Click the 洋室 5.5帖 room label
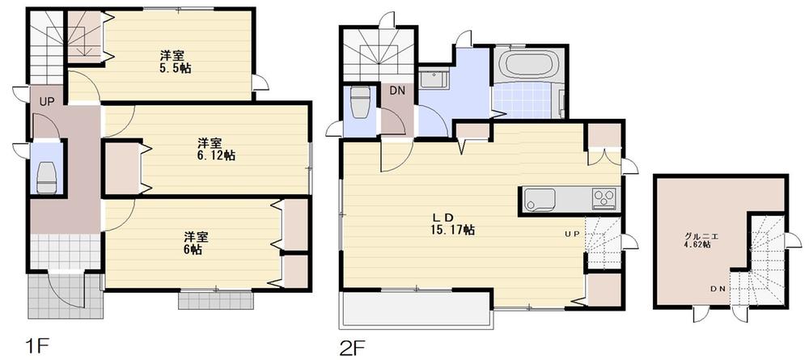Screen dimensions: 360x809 pyautogui.click(x=172, y=62)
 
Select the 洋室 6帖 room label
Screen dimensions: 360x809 pyautogui.click(x=192, y=243)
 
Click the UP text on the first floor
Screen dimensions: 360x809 pyautogui.click(x=47, y=103)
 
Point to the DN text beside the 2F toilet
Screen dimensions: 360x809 pyautogui.click(x=397, y=91)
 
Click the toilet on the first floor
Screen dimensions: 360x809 pyautogui.click(x=47, y=176)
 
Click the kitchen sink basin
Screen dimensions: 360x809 pyautogui.click(x=539, y=197)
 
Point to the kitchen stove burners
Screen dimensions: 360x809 pyautogui.click(x=604, y=197)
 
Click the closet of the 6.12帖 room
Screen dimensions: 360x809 pyautogui.click(x=122, y=168)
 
